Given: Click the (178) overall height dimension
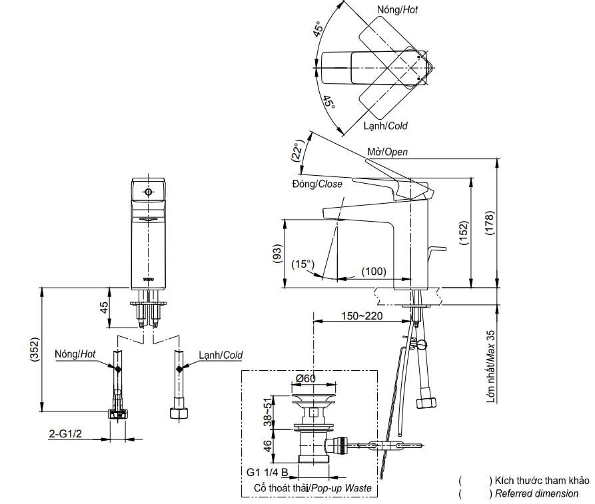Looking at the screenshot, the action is click(490, 223).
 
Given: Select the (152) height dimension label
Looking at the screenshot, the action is click(464, 233).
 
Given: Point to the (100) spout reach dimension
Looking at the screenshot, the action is click(374, 272).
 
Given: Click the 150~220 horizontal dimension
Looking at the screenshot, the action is click(362, 316).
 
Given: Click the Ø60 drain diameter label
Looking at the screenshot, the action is click(305, 378).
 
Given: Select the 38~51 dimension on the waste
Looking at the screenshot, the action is click(268, 412).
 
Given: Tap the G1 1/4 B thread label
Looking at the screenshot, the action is click(267, 472).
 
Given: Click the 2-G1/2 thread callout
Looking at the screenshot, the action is click(65, 433).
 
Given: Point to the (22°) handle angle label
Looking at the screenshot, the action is click(298, 150).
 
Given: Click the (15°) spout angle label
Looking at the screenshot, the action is click(302, 264).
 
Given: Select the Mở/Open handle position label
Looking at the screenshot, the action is click(387, 152).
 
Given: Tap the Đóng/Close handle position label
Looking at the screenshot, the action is click(317, 184).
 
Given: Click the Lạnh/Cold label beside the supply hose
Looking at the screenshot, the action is click(221, 355).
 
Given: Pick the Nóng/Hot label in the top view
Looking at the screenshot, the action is click(397, 9).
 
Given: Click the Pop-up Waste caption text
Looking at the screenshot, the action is click(340, 488).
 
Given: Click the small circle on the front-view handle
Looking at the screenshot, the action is click(149, 192).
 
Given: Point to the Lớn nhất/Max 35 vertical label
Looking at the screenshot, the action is click(491, 366).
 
